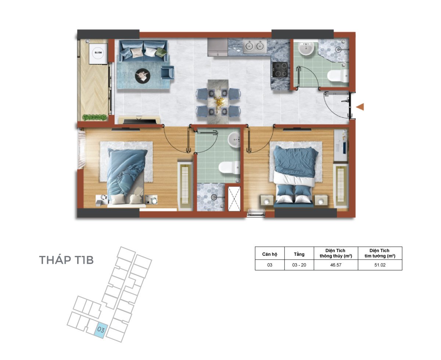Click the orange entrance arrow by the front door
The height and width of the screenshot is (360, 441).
point(360,107)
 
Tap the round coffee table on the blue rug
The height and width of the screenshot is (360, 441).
point(143,76)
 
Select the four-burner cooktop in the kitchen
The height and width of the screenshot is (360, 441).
point(280,70)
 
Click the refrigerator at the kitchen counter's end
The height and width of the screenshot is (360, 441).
point(218,47)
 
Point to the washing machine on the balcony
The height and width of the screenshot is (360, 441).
point(98,54)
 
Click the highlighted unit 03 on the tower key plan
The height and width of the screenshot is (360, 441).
point(101,330)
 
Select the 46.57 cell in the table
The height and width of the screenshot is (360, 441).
point(336,265)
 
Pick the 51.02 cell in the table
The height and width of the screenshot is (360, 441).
point(380,265)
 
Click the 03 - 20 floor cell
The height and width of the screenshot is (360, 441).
point(299,265)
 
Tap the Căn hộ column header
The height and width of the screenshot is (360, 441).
point(269,254)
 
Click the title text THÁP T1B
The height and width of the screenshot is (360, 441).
point(66,260)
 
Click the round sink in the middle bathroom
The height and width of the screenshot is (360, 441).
point(234,140)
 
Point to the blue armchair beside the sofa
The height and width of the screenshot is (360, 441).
point(167,72)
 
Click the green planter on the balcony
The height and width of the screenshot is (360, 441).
point(94,117)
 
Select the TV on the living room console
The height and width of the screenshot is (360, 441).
point(140,121)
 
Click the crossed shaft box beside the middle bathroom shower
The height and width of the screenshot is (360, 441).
point(234,199)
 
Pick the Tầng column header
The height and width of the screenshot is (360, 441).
point(299,254)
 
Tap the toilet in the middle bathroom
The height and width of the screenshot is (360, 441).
point(229,167)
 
